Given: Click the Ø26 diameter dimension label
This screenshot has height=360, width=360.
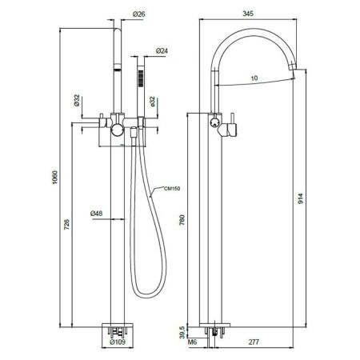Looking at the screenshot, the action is point(139,14).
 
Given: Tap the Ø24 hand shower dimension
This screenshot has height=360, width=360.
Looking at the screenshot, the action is point(162,50).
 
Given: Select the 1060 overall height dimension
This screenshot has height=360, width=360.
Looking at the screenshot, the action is point(54,178).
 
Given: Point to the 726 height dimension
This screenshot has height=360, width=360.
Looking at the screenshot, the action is point(67,224).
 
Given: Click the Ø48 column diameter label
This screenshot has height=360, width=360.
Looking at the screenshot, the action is point(96,214).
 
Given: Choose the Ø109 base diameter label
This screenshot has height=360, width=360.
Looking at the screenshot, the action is point(118,342).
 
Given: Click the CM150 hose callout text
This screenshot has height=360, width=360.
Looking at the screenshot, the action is point(172,189).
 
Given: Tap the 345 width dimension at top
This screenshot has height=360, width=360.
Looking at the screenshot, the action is point(248,14).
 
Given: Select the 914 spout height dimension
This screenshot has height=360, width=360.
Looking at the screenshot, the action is point(301,198).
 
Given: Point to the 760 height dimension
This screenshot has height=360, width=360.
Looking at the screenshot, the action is point(182,220).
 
